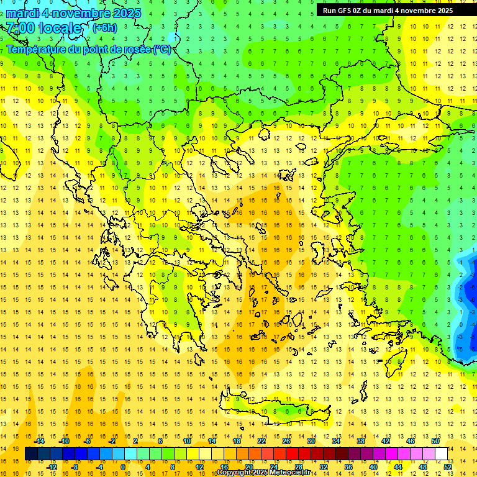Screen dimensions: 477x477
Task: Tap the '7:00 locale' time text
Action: click(x=43, y=28)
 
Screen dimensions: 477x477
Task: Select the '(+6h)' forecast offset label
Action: click(x=104, y=28)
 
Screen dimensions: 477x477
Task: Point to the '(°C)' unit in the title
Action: click(x=161, y=49)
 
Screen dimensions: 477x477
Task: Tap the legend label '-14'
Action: click(x=40, y=441)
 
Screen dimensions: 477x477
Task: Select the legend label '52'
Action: click(x=448, y=467)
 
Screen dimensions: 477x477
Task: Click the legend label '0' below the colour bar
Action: click(x=122, y=467)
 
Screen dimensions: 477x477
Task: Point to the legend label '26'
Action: click(x=286, y=441)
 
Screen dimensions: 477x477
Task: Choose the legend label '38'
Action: click(x=361, y=441)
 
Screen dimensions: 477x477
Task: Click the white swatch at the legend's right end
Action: click(x=442, y=454)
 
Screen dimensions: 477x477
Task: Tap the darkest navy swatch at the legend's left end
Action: click(x=31, y=454)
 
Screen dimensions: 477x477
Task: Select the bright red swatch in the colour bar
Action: click(x=292, y=454)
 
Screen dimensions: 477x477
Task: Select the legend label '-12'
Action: click(x=53, y=467)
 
